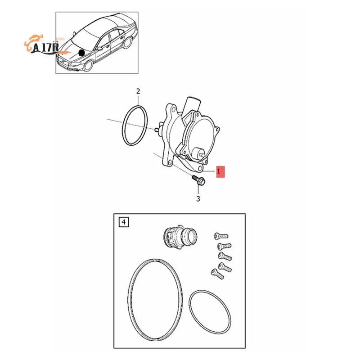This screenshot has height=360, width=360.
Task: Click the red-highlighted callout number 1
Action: click(x=219, y=172)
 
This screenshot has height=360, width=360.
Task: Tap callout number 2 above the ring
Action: click(x=138, y=91)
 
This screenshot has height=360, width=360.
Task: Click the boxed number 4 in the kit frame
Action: click(x=122, y=222)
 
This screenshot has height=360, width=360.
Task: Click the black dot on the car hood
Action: click(x=81, y=53)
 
